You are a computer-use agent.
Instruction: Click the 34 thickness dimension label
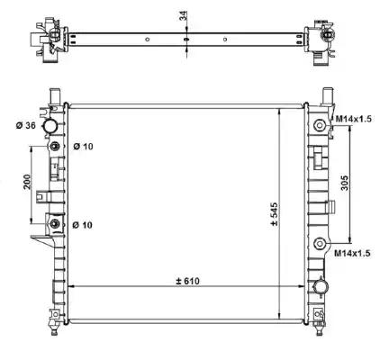tap(183, 15)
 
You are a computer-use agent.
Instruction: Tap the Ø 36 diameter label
tap(26, 125)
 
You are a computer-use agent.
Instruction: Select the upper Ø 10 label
tap(83, 147)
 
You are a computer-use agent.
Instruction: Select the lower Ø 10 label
tap(83, 225)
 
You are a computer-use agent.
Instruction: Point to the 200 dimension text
tap(27, 182)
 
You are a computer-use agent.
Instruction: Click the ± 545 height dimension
tap(275, 214)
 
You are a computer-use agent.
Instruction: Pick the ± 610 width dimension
tap(187, 281)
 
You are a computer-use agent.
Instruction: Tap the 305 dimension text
tap(345, 183)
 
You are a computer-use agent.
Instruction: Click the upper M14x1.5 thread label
tap(353, 119)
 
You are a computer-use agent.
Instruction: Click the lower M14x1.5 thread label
tap(353, 254)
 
